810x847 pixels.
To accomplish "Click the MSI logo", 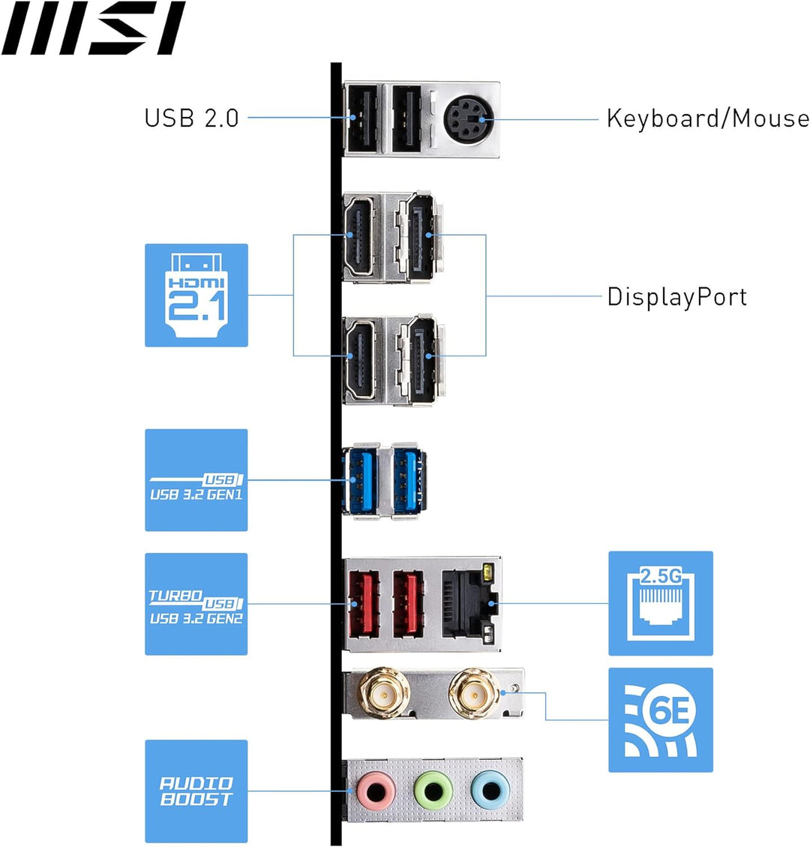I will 93,29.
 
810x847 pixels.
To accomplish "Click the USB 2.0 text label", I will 191,118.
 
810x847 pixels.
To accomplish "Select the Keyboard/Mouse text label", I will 707,119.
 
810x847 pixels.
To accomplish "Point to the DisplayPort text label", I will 676,296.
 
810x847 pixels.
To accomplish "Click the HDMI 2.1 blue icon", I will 196,295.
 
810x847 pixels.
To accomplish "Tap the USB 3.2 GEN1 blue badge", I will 196,480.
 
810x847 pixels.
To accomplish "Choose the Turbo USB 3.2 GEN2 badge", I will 196,604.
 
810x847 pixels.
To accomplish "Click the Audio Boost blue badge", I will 196,791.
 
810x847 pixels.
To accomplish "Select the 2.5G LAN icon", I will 660,603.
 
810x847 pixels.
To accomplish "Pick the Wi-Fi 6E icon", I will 660,720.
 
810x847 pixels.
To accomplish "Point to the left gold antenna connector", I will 383,694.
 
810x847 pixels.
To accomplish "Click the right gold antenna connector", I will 474,694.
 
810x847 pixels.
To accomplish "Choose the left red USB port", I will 361,602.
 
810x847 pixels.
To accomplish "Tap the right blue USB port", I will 409,479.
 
